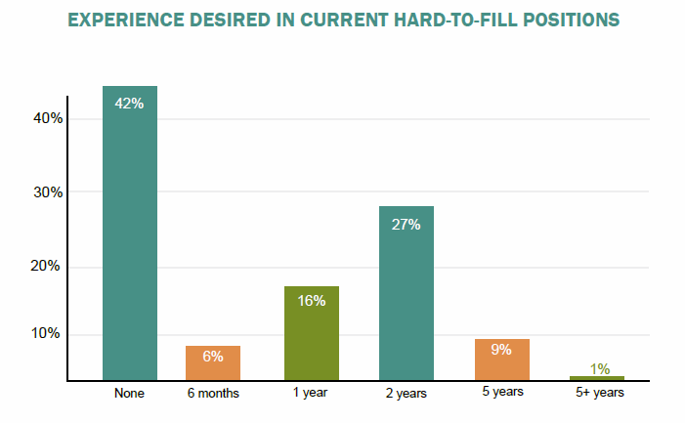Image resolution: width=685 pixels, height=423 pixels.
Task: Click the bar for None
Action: [x=130, y=233]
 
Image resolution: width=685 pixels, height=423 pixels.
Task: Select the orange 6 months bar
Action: [x=213, y=363]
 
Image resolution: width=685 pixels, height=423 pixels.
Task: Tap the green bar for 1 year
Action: [x=312, y=333]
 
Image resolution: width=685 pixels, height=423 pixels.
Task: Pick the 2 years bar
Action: [x=407, y=293]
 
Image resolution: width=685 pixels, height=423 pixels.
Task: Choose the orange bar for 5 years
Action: [x=502, y=360]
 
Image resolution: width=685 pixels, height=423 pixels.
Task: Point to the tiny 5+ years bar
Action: [x=597, y=378]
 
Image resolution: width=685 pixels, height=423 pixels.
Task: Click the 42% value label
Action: [x=129, y=104]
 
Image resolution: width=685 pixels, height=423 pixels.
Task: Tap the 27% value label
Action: [x=406, y=225]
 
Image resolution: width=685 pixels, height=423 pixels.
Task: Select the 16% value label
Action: [x=312, y=301]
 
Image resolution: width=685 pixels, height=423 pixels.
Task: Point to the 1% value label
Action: [x=600, y=369]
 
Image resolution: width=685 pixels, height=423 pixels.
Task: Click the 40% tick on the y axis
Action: [x=48, y=118]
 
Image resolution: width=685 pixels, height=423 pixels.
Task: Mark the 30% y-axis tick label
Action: [x=48, y=192]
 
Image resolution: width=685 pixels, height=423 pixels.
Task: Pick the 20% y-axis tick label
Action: [x=45, y=266]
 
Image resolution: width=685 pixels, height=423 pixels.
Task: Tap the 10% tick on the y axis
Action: [x=45, y=333]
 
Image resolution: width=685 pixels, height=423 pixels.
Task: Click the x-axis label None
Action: [x=129, y=393]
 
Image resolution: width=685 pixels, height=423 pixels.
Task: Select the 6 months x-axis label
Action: [x=213, y=393]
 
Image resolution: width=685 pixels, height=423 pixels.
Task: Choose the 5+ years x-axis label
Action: [x=599, y=393]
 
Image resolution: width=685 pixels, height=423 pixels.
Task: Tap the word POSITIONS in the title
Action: [x=572, y=21]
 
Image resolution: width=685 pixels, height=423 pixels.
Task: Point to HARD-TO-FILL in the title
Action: [x=455, y=21]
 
